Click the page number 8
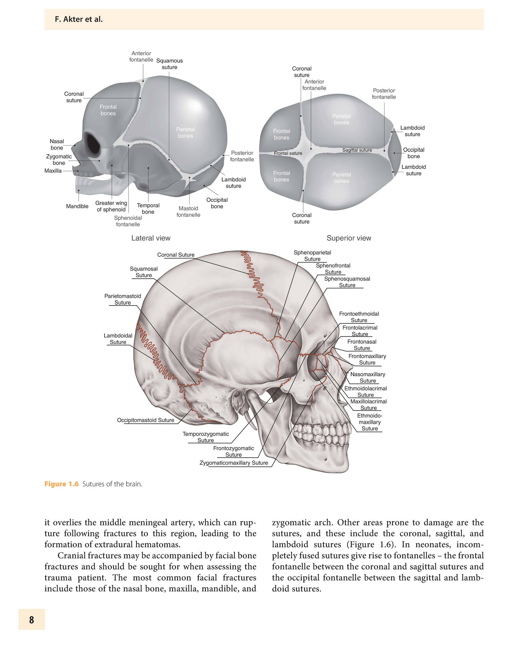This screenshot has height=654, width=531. [32, 619]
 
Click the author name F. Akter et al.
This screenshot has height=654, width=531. [78, 19]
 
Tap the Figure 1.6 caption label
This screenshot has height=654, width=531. [61, 484]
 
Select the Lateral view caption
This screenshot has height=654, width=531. [151, 238]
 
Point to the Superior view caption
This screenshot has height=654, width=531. [349, 238]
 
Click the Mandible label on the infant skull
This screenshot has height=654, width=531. [77, 206]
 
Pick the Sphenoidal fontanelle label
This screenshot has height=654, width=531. [128, 221]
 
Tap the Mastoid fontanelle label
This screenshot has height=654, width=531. [189, 212]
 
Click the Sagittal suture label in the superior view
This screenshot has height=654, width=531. [357, 150]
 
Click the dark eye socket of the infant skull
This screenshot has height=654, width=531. [93, 143]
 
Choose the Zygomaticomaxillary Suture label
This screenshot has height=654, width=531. [234, 463]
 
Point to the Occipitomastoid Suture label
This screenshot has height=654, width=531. [146, 420]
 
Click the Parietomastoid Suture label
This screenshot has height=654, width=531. [123, 299]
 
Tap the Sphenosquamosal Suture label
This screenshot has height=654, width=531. [347, 282]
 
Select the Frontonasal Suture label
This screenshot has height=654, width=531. [362, 345]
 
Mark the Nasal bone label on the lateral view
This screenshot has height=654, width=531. [57, 145]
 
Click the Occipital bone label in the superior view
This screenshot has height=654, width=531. [414, 153]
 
